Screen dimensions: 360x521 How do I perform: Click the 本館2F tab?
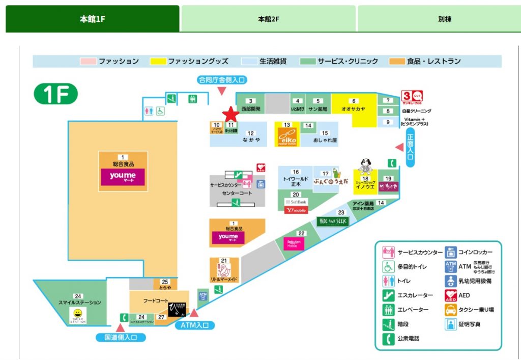[x=268, y=19]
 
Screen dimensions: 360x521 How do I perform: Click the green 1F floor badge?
[x=56, y=94]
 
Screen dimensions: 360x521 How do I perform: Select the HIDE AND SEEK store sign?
[x=331, y=221]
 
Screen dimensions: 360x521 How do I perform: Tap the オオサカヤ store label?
[x=354, y=109]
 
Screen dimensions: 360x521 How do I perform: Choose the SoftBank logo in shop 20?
[x=296, y=202]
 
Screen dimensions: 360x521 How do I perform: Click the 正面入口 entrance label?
[x=411, y=147]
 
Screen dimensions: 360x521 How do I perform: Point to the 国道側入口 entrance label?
[x=121, y=337]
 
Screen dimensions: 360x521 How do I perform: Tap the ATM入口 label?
[x=194, y=325]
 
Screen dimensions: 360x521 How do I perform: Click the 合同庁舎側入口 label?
[x=222, y=79]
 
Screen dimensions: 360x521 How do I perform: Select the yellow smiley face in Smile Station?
[x=77, y=313]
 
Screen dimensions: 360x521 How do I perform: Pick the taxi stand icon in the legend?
[x=451, y=310]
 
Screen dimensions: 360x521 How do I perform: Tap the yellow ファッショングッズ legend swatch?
[x=159, y=62]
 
